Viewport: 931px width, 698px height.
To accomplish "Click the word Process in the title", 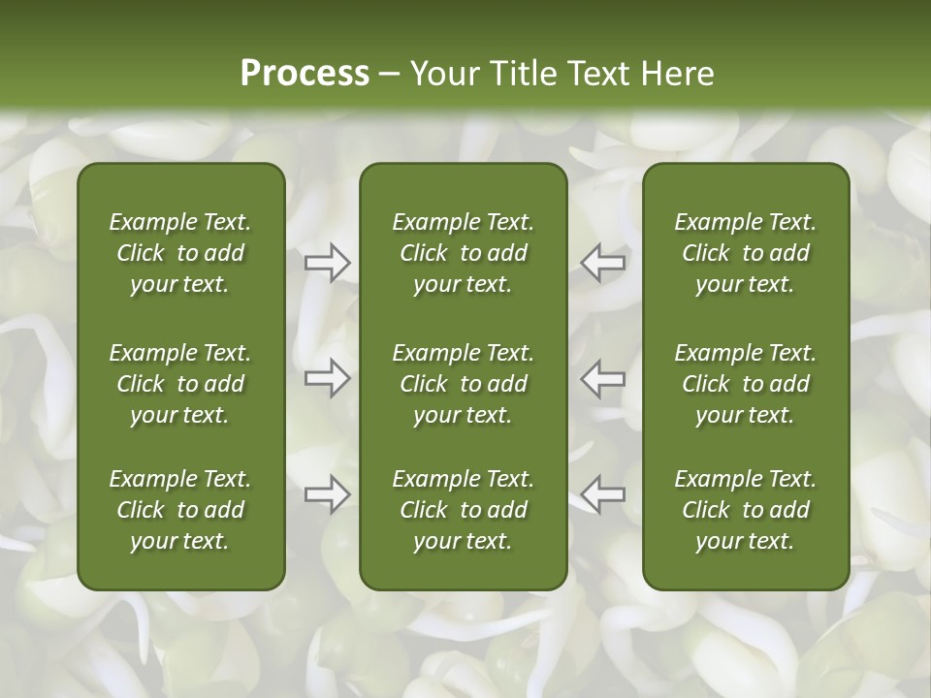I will point(305,74).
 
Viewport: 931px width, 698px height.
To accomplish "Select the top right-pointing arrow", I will point(328,263).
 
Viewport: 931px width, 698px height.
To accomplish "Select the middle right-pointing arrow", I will point(328,378).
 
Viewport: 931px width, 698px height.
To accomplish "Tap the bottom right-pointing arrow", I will point(328,494).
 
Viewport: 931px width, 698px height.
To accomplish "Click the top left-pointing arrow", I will point(603,263).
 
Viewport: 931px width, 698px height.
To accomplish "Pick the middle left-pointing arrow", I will point(603,378).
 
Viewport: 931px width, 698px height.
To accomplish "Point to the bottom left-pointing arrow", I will point(603,494).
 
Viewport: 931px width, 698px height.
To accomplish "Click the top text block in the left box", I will point(180,253).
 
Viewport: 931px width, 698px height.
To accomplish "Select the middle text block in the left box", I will point(180,384).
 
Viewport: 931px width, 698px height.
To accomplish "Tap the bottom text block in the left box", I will point(180,510).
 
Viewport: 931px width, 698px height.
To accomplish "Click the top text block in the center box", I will point(464,253).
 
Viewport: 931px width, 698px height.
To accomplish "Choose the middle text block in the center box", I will point(464,384).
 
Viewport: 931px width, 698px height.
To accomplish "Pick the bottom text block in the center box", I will point(464,510).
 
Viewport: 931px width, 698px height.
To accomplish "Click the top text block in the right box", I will point(746,253).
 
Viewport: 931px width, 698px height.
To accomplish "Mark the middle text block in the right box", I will point(746,384).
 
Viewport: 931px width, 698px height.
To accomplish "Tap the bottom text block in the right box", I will point(746,510).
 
